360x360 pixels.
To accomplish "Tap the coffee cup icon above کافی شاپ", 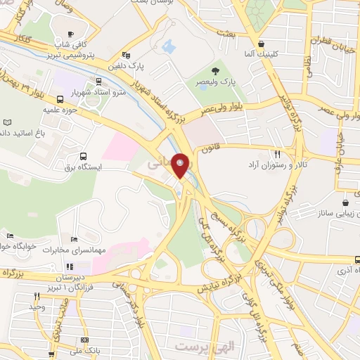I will [70, 34].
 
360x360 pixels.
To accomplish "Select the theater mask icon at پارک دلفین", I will [126, 55].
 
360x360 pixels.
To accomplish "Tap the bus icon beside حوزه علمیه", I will [60, 99].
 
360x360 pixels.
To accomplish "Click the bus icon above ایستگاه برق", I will [84, 156].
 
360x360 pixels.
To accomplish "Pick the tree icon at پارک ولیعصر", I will [216, 70].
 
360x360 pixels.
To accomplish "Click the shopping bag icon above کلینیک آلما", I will [261, 42].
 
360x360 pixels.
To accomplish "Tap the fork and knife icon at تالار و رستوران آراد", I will [278, 154].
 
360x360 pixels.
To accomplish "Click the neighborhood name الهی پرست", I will [197, 347].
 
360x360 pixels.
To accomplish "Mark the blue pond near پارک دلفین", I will [168, 47].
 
